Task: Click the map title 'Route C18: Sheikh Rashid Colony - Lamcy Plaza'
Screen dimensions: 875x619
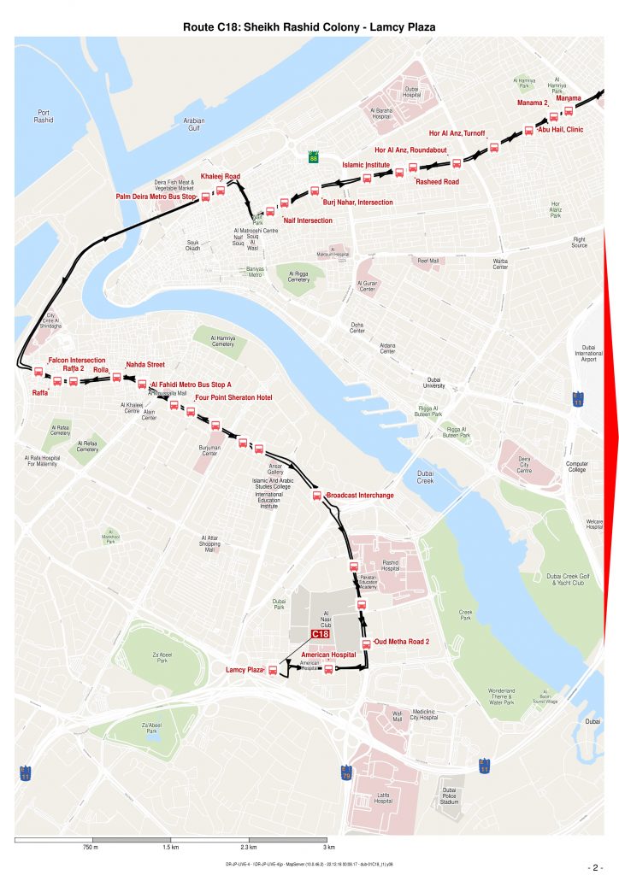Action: [309, 27]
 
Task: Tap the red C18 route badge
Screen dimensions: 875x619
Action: [320, 634]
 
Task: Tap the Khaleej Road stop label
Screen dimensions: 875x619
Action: [220, 176]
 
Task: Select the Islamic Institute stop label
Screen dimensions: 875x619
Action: [366, 164]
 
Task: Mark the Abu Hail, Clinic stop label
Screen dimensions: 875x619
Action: [560, 130]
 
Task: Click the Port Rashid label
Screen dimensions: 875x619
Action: [44, 116]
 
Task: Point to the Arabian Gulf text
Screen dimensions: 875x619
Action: [194, 125]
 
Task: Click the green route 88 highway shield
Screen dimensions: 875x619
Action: [314, 157]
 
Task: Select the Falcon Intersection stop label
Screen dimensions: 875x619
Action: [77, 361]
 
